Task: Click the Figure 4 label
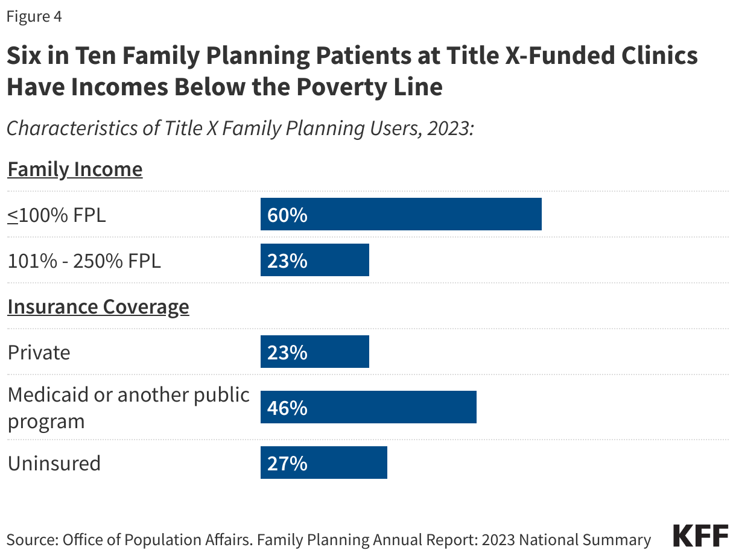click(34, 17)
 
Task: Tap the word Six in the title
click(25, 56)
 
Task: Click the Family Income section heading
click(75, 169)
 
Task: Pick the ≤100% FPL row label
click(57, 215)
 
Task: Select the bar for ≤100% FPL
click(401, 215)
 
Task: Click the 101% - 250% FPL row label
click(84, 261)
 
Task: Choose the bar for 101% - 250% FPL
click(314, 261)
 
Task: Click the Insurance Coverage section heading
click(98, 307)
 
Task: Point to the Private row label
click(39, 352)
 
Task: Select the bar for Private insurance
click(314, 352)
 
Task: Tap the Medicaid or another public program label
click(128, 408)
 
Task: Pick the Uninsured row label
click(54, 463)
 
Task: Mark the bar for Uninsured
click(323, 463)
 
